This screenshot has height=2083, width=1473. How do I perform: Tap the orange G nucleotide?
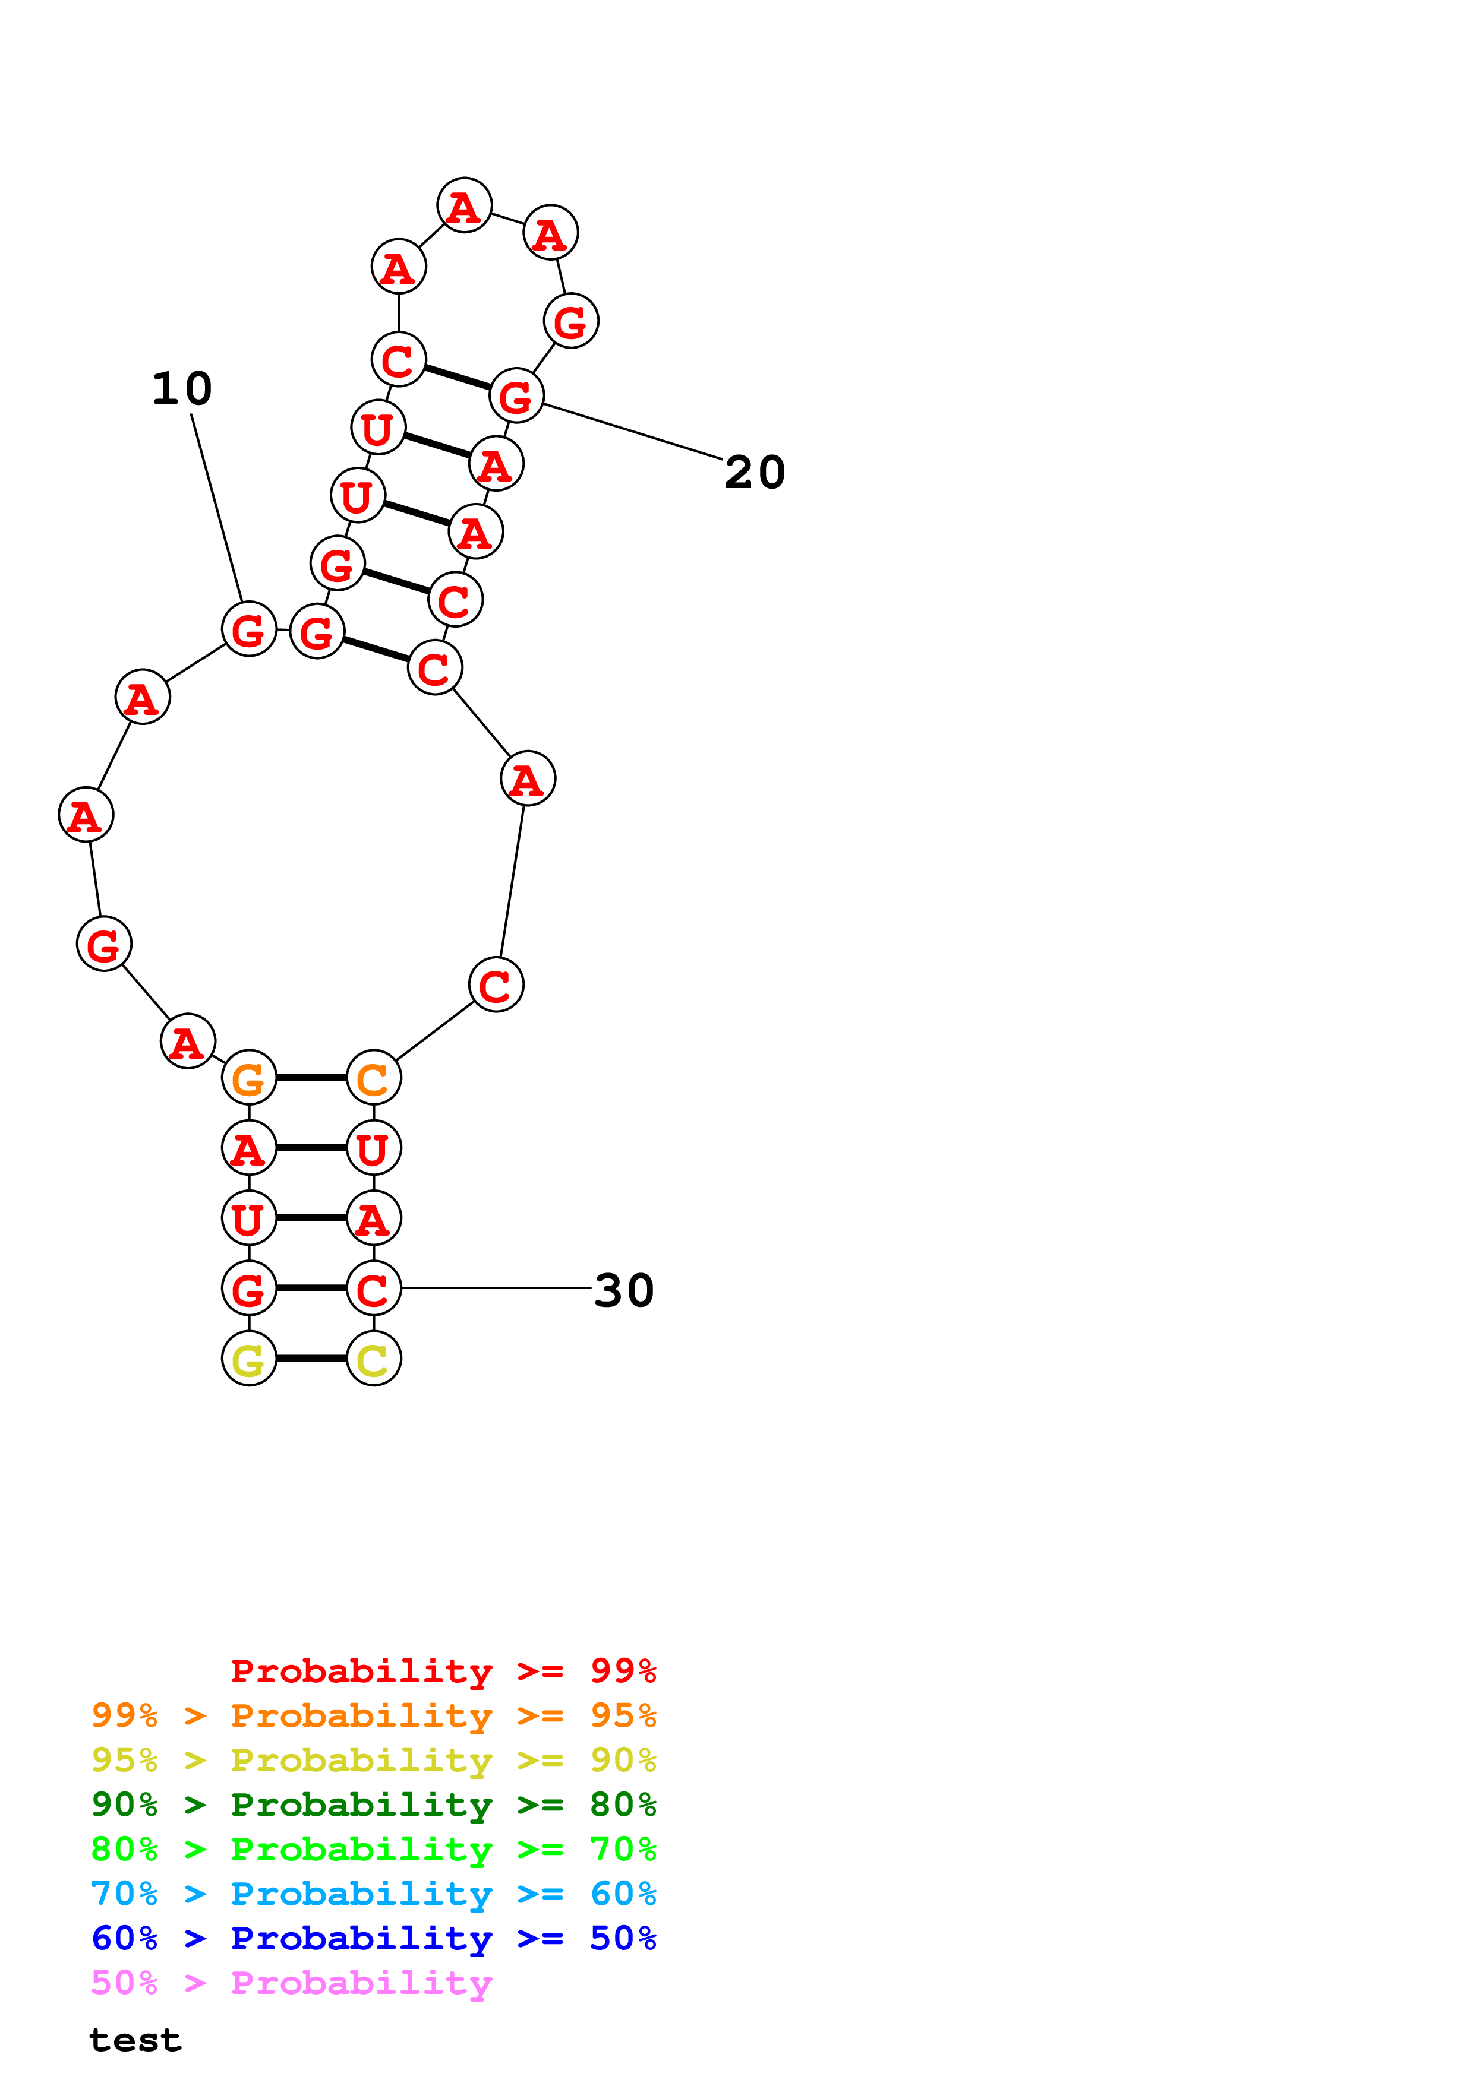pyautogui.click(x=249, y=1078)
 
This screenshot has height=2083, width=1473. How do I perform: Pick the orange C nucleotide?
pyautogui.click(x=373, y=1078)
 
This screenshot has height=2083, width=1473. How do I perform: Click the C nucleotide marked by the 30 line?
pyautogui.click(x=373, y=1289)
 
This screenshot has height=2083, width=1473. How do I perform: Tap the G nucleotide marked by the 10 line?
pyautogui.click(x=249, y=629)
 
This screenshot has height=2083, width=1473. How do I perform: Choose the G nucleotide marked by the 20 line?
pyautogui.click(x=516, y=395)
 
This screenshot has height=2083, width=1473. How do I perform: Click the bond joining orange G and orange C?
pyautogui.click(x=311, y=1078)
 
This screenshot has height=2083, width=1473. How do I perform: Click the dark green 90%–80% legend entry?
pyautogui.click(x=373, y=1805)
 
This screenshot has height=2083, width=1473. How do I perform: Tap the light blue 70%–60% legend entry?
pyautogui.click(x=373, y=1894)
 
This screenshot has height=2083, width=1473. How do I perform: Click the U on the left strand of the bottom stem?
pyautogui.click(x=249, y=1218)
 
